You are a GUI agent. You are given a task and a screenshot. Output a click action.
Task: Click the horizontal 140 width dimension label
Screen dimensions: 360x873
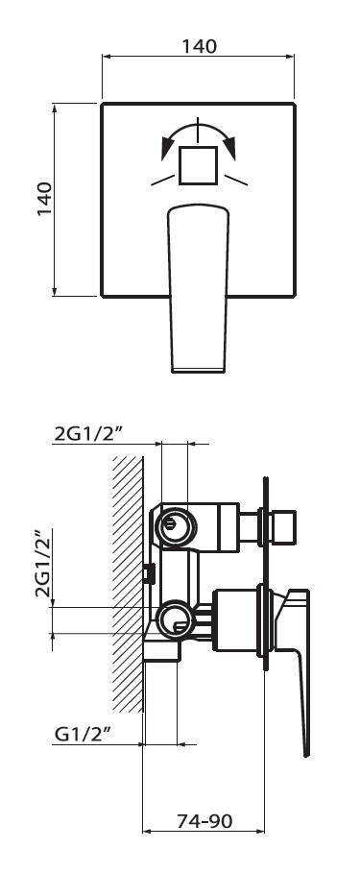tap(199, 46)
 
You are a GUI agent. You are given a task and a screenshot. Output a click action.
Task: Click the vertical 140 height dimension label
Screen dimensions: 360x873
tap(44, 200)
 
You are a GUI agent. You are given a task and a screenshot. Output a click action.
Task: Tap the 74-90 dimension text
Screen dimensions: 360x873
tap(204, 821)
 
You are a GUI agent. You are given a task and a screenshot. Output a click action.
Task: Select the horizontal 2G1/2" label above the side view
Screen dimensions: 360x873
tap(85, 434)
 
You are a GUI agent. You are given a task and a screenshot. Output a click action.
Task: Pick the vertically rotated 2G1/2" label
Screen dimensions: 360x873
tap(43, 563)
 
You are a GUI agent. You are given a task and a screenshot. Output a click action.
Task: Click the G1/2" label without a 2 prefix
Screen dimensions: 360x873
tap(82, 735)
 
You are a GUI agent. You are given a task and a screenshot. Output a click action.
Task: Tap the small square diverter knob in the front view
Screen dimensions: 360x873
tap(198, 165)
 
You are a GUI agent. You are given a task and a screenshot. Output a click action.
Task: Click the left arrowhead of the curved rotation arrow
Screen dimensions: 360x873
tap(166, 148)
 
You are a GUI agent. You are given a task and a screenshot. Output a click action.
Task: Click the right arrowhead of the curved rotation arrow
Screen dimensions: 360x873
tap(229, 147)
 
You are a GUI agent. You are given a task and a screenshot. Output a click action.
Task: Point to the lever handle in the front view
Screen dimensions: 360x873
tap(198, 288)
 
